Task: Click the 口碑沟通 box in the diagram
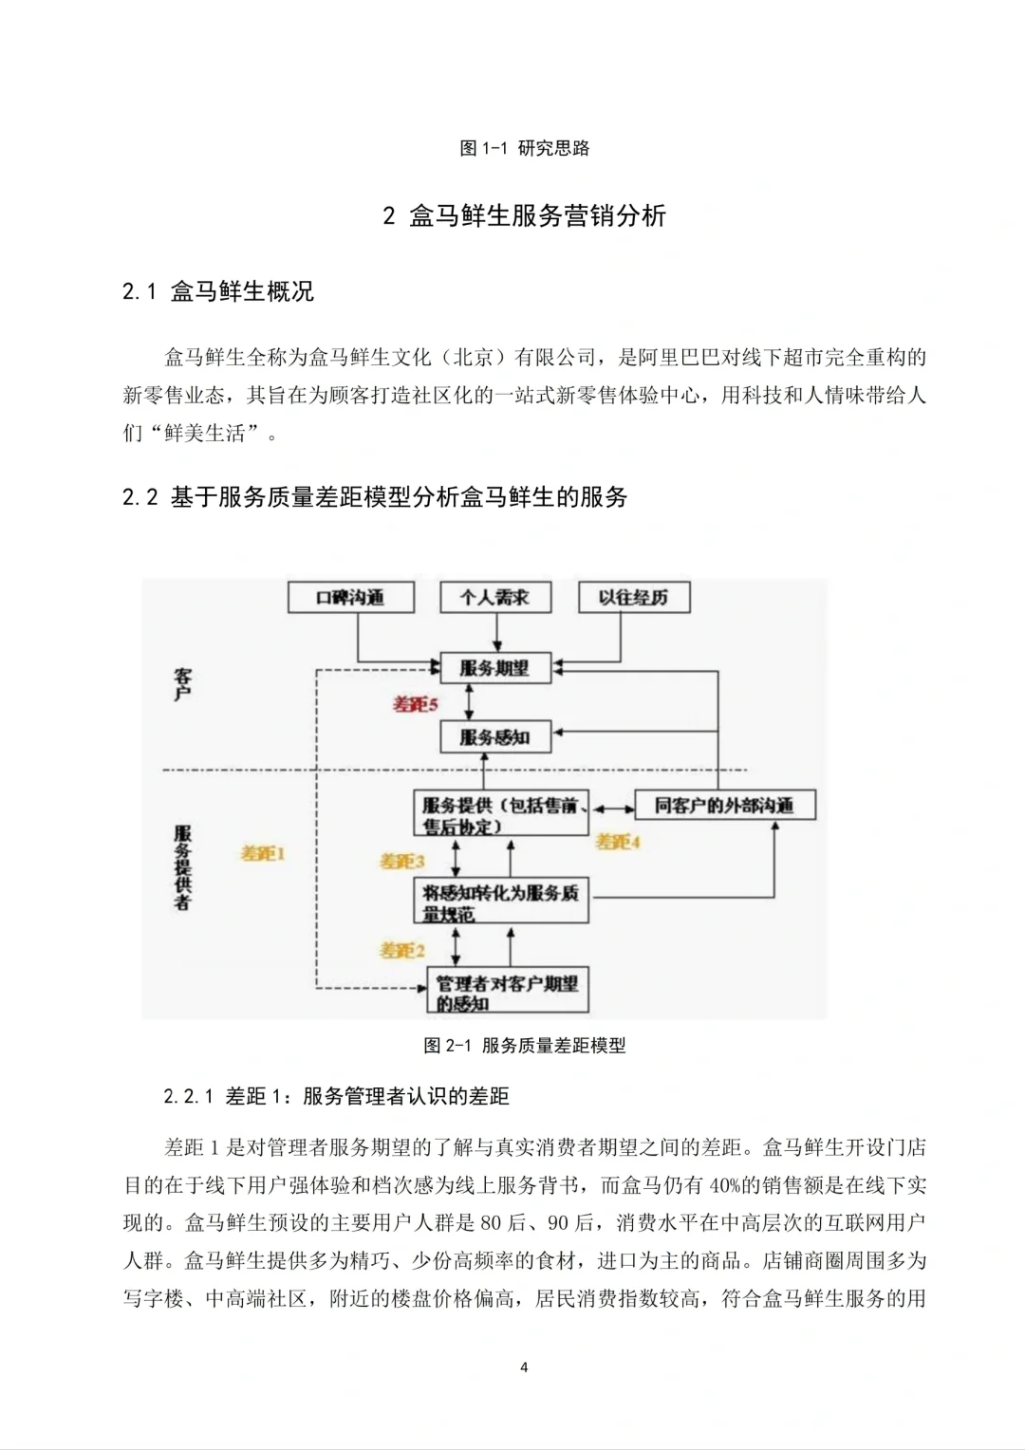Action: tap(351, 598)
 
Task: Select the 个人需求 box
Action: tap(494, 598)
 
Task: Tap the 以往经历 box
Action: tap(633, 598)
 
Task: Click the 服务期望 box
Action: tap(494, 668)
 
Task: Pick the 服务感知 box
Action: tap(494, 737)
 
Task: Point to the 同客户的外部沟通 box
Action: tap(724, 806)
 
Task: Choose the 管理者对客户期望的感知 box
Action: tap(507, 992)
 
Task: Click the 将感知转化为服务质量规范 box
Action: tap(500, 902)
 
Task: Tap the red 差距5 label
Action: tap(416, 704)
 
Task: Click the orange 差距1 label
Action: tap(263, 854)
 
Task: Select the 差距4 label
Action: tap(618, 842)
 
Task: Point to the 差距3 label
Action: tap(402, 862)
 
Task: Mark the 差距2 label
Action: tap(402, 950)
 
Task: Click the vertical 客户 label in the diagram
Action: tap(183, 683)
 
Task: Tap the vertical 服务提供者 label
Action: tap(183, 867)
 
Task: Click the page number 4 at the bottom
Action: tap(524, 1367)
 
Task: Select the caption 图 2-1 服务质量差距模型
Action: tap(524, 1046)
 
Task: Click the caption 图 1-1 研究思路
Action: tap(524, 148)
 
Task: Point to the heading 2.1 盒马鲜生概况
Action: tap(218, 291)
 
